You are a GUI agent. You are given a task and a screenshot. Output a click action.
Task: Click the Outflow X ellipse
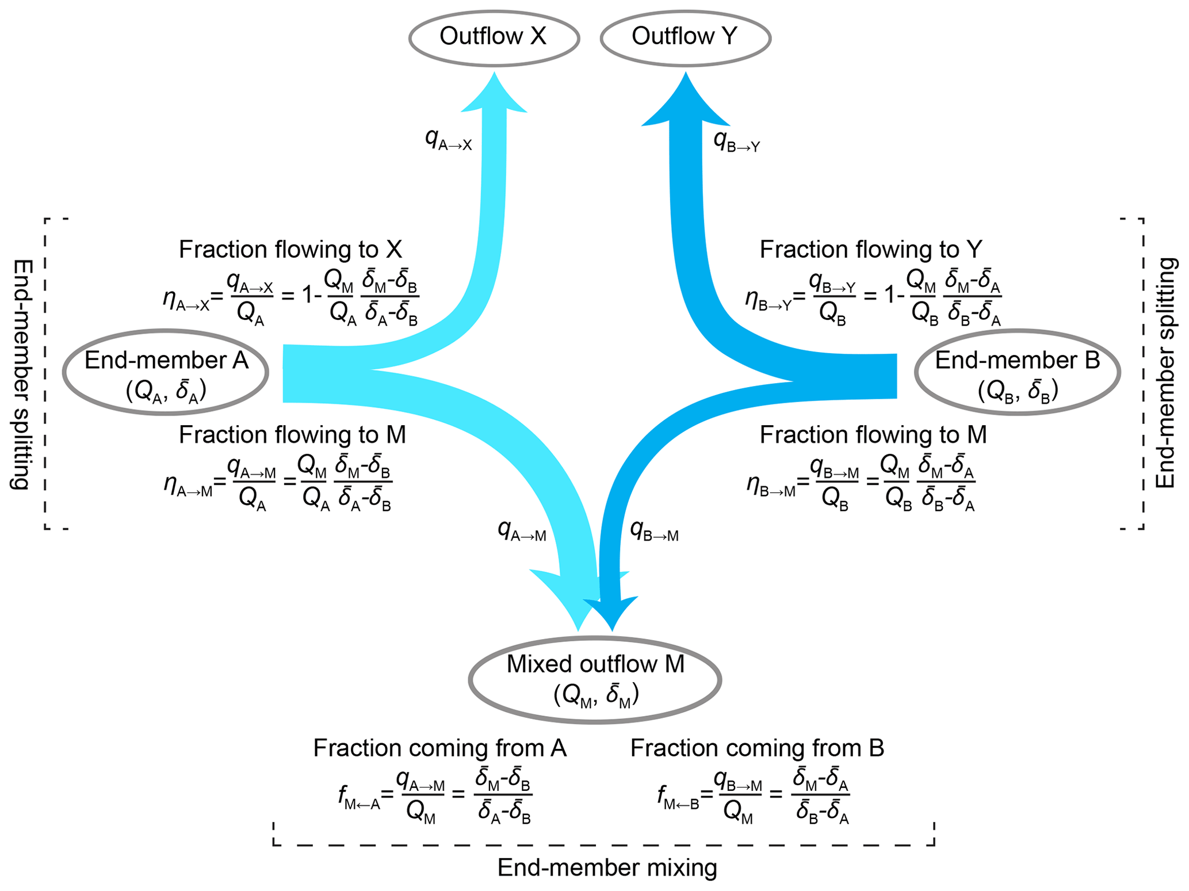click(x=494, y=38)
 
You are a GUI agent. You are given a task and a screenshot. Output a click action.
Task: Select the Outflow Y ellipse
click(x=685, y=38)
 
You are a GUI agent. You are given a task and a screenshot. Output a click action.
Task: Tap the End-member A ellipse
click(x=166, y=372)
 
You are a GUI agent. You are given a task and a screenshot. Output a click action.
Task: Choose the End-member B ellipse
click(x=1016, y=372)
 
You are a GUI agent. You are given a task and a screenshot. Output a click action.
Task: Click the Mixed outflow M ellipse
click(x=595, y=679)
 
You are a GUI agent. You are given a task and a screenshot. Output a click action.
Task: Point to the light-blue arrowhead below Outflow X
click(x=494, y=95)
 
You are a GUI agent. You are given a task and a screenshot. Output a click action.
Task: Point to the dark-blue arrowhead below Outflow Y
click(x=686, y=104)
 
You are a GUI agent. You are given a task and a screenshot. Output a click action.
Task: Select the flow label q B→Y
click(x=736, y=141)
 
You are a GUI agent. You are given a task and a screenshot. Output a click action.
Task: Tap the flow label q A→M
click(x=522, y=530)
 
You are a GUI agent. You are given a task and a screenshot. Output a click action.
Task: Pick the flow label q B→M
click(x=655, y=530)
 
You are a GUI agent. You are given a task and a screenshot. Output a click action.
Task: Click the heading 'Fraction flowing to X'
click(x=290, y=250)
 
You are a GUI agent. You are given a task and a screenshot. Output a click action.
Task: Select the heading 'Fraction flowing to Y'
click(x=871, y=250)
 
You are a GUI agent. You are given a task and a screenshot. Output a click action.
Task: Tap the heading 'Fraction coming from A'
click(x=440, y=748)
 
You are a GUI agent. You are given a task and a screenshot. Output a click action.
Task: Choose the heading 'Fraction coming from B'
click(x=757, y=748)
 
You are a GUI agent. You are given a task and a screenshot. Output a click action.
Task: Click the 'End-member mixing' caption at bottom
click(x=607, y=867)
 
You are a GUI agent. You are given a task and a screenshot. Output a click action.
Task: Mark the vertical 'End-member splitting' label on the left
click(x=22, y=374)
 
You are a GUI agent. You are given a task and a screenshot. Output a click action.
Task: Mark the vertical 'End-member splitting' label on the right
click(x=1165, y=373)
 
